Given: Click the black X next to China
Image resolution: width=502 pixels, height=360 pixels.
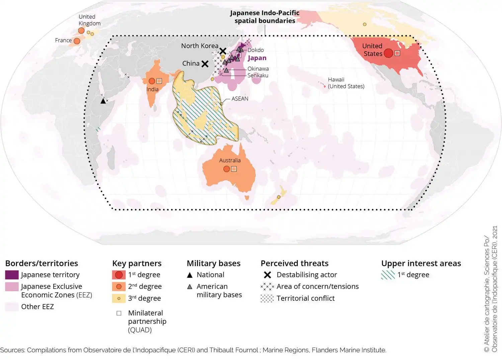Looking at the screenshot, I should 205,64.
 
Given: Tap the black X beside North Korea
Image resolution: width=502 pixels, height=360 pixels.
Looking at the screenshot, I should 223,51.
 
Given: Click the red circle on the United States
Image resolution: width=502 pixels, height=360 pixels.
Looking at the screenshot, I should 388,53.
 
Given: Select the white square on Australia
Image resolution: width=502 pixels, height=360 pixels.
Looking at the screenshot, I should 234,169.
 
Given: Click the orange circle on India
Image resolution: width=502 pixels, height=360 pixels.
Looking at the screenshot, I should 152,81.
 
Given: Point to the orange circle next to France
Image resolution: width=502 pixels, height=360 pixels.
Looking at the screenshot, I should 77,41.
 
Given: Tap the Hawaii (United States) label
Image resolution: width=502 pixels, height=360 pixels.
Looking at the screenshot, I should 346,83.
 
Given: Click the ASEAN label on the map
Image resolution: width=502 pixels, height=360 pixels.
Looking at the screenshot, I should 240,99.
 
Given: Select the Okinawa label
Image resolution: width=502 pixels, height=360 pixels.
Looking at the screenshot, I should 258,69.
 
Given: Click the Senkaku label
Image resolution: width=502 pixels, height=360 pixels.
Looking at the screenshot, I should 258,75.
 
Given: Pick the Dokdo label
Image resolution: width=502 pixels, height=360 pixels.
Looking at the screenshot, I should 256,50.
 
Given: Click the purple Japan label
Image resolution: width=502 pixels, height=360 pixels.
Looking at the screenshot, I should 257,58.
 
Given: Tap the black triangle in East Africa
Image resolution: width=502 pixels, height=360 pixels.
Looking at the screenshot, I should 103,101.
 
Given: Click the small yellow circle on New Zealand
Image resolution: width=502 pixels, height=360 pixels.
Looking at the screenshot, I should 278,197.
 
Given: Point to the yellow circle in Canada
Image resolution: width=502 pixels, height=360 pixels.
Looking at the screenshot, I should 364,24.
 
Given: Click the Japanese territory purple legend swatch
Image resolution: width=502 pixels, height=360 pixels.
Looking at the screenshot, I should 12,275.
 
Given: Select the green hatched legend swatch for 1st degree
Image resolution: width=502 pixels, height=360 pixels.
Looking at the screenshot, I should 388,275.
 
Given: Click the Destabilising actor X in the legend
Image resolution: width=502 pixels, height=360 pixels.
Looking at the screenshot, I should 267,275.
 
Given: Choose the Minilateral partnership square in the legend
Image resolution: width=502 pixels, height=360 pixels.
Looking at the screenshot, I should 119,313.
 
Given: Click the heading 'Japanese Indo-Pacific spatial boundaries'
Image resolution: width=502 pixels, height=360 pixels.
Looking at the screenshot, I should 264,17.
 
